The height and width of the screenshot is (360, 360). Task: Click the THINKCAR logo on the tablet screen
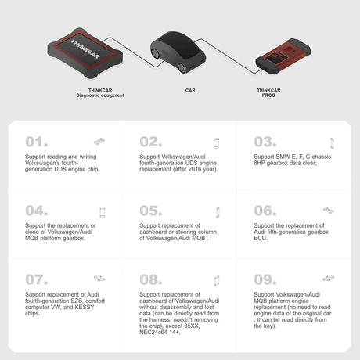pyautogui.click(x=85, y=49)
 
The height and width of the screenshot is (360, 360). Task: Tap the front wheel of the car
pyautogui.click(x=182, y=67)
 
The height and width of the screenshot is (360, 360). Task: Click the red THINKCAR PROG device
pyautogui.click(x=283, y=56)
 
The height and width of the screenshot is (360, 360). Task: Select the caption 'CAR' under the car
pyautogui.click(x=190, y=90)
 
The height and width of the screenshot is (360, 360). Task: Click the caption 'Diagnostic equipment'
pyautogui.click(x=100, y=95)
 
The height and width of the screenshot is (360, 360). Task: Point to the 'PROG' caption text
pyautogui.click(x=268, y=95)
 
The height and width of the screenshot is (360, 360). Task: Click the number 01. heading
pyautogui.click(x=37, y=142)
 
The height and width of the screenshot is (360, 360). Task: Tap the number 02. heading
pyautogui.click(x=151, y=142)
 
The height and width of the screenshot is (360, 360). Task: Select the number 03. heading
pyautogui.click(x=265, y=142)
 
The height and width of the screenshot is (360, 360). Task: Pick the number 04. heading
pyautogui.click(x=37, y=211)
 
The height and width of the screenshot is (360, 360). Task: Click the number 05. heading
pyautogui.click(x=151, y=211)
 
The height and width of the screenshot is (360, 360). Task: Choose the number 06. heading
pyautogui.click(x=265, y=211)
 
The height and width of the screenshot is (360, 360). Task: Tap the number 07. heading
pyautogui.click(x=37, y=279)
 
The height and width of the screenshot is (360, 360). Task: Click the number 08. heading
pyautogui.click(x=151, y=279)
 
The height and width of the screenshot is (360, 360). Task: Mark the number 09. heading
pyautogui.click(x=265, y=279)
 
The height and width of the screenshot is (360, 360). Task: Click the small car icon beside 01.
pyautogui.click(x=99, y=141)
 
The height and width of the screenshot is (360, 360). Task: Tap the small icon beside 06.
pyautogui.click(x=329, y=210)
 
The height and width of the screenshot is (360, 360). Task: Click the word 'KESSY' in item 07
pyautogui.click(x=85, y=307)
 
